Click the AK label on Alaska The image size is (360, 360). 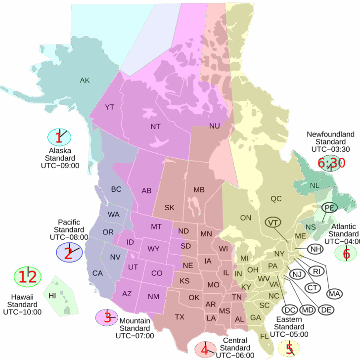pos(85,80)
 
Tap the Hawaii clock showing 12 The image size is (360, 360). pos(28,277)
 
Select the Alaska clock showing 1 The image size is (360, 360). pos(59,137)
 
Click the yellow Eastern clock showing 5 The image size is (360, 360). pos(289,348)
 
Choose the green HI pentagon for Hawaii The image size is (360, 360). pos(59,296)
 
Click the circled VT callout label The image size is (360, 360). pos(273,223)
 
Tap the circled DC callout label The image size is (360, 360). pos(291,310)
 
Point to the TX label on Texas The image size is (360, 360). pos(180,317)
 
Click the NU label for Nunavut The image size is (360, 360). pos(214,126)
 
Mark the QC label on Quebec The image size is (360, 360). pos(276,199)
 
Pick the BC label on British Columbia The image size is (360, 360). pos(116,189)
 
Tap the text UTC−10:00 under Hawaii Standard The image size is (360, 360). pos(22,312)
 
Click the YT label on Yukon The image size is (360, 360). pos(109,107)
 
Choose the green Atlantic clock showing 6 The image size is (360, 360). pos(346,253)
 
